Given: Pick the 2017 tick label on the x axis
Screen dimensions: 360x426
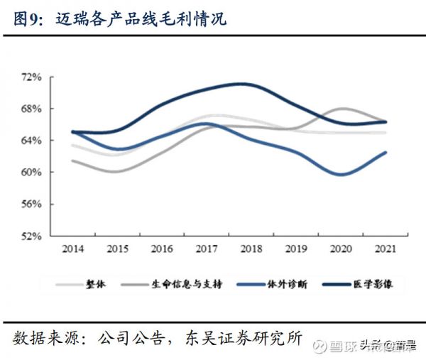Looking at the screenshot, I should (206, 249).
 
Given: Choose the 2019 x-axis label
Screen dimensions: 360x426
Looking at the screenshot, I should (295, 249).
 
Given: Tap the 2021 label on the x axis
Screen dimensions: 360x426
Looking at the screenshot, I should (385, 249).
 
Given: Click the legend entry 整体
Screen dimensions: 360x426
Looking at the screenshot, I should (95, 284).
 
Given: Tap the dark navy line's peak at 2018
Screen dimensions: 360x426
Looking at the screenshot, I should (243, 84).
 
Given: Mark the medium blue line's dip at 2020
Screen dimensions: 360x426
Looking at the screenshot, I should (341, 174).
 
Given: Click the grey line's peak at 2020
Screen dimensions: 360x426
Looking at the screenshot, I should (341, 109).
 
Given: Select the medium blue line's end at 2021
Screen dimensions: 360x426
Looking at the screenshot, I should (386, 152).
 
